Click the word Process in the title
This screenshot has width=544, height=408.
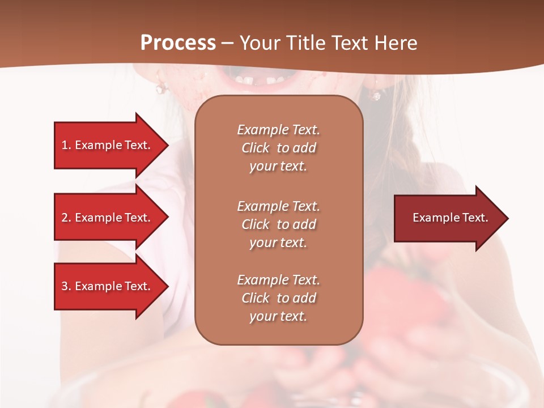pos(178,43)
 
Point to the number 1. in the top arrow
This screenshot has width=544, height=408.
pos(66,145)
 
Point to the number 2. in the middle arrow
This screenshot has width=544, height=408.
pos(66,218)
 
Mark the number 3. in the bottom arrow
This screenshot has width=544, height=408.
pos(66,286)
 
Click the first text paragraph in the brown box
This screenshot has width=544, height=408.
pos(278,148)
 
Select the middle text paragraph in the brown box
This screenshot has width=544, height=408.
pos(278,224)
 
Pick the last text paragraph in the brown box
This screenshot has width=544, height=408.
pos(278,298)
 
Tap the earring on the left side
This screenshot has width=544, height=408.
pos(162,87)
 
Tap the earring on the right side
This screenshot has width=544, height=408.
pos(375,94)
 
